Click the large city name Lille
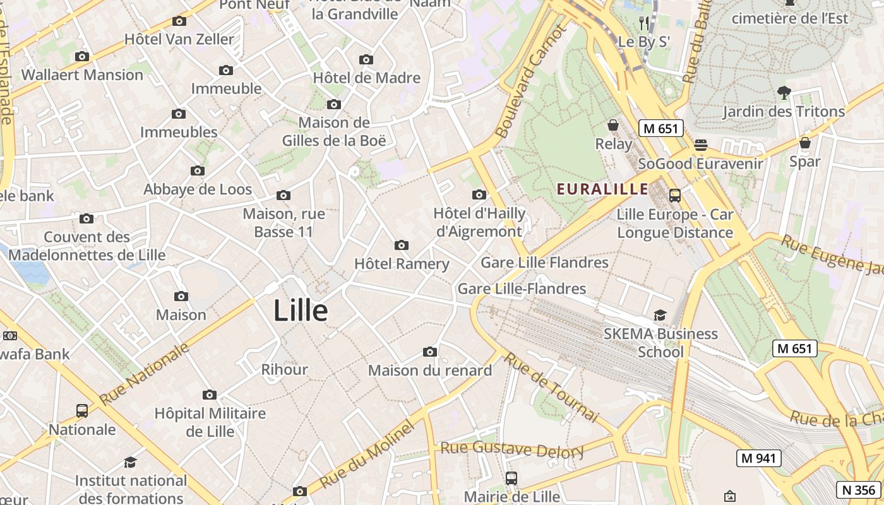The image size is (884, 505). tap(301, 311)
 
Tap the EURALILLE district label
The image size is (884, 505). tap(602, 189)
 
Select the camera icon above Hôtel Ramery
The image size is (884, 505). tap(401, 245)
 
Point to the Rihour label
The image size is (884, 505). tap(285, 369)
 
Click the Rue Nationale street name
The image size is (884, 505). tap(145, 374)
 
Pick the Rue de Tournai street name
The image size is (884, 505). tap(551, 386)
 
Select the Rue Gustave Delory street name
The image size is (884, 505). tap(512, 449)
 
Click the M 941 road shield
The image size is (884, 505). tap(759, 458)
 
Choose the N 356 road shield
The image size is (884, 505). tap(859, 489)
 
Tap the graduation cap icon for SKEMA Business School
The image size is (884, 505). tap(660, 315)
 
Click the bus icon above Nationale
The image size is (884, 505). tap(82, 411)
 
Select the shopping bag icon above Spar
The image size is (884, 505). tap(805, 143)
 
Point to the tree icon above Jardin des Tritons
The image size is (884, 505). tap(784, 93)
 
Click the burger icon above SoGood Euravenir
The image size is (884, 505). tap(700, 145)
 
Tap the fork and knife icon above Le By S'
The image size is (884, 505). tap(644, 24)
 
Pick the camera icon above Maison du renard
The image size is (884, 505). tap(430, 352)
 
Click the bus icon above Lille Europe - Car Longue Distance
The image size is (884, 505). tap(675, 196)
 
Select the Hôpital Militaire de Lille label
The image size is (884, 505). tap(210, 422)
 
